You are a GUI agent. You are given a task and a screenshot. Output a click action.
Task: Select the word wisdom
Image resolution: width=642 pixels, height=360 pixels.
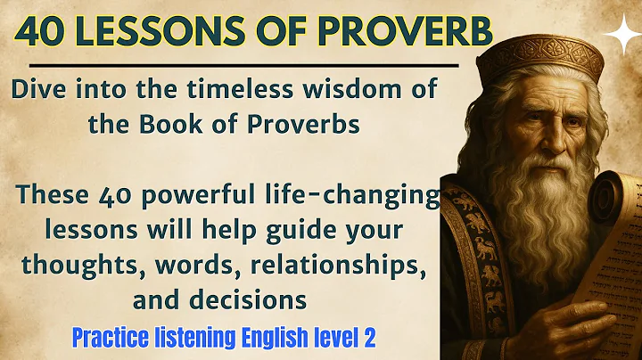(x=350, y=91)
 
